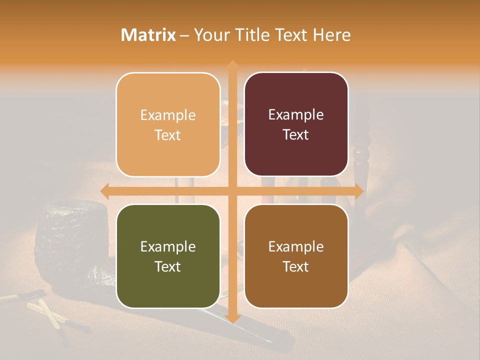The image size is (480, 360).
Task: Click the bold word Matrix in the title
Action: pyautogui.click(x=148, y=35)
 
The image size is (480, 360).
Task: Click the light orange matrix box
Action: pyautogui.click(x=168, y=124)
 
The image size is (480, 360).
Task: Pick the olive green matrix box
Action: pyautogui.click(x=168, y=256)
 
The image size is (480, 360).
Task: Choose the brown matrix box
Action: pyautogui.click(x=296, y=256)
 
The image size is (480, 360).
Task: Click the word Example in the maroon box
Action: pyautogui.click(x=296, y=115)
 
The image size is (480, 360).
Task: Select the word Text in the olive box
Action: pyautogui.click(x=168, y=266)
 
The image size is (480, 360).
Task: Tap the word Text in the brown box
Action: pyautogui.click(x=296, y=266)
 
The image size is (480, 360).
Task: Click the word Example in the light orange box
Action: pyautogui.click(x=168, y=115)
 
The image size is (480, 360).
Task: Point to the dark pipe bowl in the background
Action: pyautogui.click(x=70, y=235)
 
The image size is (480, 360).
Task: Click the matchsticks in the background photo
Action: pyautogui.click(x=50, y=312)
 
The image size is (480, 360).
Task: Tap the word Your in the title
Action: pyautogui.click(x=210, y=35)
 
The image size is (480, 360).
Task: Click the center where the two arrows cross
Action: pyautogui.click(x=232, y=191)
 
